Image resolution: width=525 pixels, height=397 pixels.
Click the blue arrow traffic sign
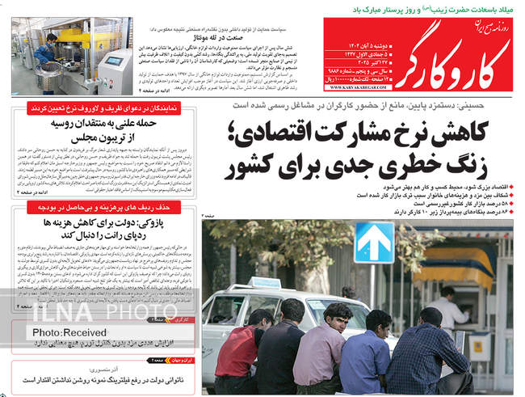(374, 241)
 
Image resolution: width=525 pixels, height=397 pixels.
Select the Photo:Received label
(70, 332)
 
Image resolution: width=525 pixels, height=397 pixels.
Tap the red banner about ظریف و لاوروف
(105, 107)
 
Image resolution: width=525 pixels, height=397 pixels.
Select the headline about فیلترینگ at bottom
(107, 378)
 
